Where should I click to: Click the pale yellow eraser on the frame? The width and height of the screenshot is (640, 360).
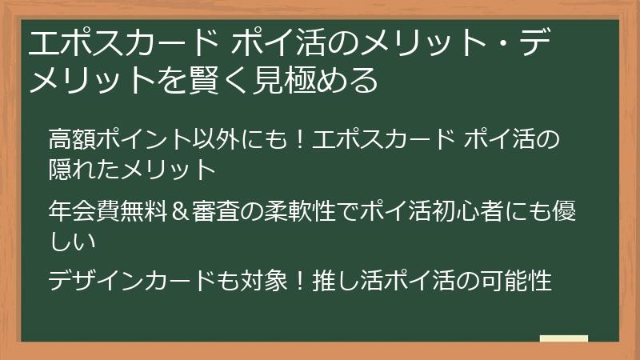coord(563,338)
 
